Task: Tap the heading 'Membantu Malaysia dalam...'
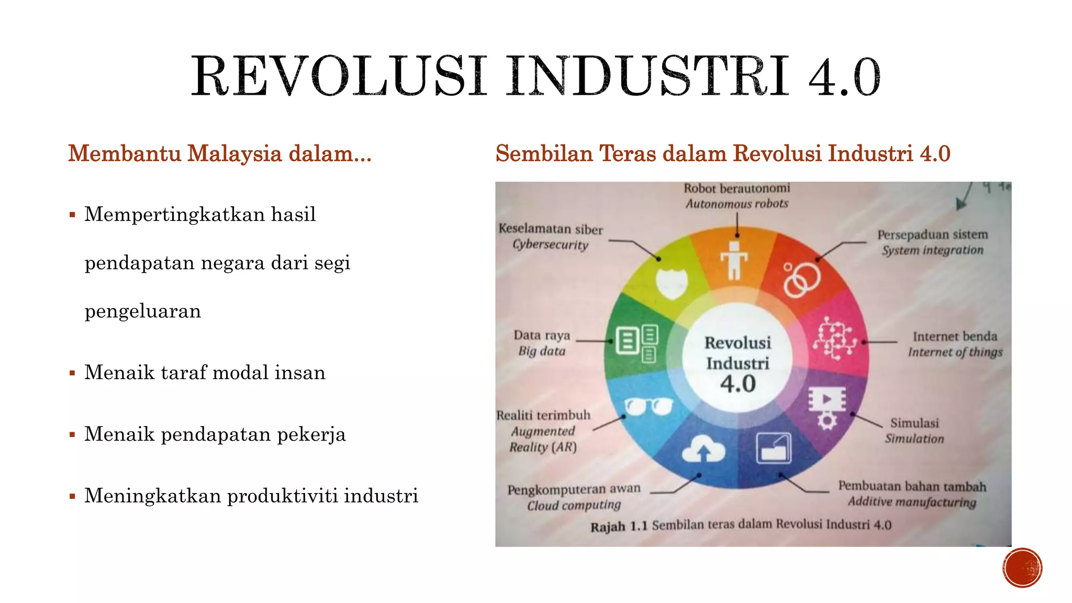tap(220, 153)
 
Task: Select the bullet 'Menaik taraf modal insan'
tap(205, 373)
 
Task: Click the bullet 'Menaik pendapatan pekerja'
tap(215, 434)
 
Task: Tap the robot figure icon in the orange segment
tap(734, 260)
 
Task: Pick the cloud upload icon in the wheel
tap(703, 450)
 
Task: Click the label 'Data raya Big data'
tap(542, 343)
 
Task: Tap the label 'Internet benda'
tap(955, 336)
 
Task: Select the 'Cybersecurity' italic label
tap(550, 244)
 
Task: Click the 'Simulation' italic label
tap(914, 439)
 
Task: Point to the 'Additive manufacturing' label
tap(912, 502)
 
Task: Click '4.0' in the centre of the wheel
tap(738, 384)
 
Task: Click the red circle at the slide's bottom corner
tap(1022, 568)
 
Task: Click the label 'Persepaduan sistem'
tap(932, 234)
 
